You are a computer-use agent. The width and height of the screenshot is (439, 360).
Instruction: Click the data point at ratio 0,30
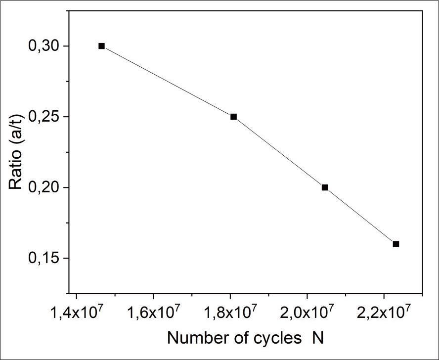tap(101, 46)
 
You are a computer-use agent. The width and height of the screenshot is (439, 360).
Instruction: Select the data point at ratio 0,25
tap(233, 117)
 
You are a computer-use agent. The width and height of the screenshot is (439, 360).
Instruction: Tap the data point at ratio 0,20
tap(325, 187)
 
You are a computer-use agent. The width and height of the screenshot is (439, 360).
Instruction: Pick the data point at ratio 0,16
tap(395, 244)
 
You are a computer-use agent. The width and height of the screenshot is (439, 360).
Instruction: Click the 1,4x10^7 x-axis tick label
tap(76, 313)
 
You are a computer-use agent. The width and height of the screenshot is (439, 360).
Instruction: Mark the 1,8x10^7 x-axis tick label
tap(230, 313)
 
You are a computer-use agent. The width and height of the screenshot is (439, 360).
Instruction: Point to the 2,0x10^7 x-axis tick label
tap(307, 313)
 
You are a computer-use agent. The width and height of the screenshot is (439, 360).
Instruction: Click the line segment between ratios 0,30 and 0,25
tap(167, 81)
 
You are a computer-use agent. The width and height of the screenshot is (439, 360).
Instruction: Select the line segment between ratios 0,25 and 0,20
tap(279, 152)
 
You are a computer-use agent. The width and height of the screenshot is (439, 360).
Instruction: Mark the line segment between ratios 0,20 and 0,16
tap(360, 216)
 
